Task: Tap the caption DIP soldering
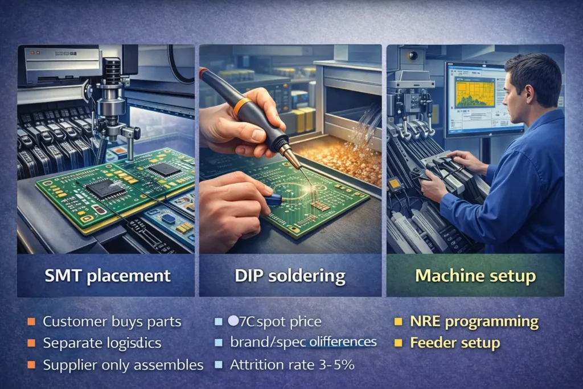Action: (x=290, y=276)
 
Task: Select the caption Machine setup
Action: (x=475, y=276)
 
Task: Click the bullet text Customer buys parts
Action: (x=112, y=321)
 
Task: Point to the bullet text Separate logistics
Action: (x=102, y=343)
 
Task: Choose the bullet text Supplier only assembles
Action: (x=123, y=365)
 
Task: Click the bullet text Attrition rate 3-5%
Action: (x=292, y=365)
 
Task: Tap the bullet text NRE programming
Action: (x=474, y=321)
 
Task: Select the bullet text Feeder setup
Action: (x=455, y=343)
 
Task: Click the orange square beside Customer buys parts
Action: (x=31, y=321)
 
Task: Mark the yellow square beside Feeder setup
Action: (x=399, y=343)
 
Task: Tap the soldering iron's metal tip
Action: (x=293, y=159)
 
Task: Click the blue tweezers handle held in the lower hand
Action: (x=273, y=198)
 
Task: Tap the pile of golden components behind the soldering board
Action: (x=336, y=157)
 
